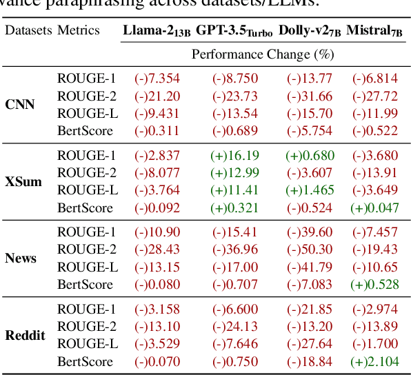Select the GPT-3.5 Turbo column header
(x=234, y=30)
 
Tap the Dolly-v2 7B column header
(x=310, y=30)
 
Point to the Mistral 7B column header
(x=375, y=30)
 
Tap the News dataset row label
(x=21, y=259)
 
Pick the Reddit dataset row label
(x=25, y=336)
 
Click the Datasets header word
(x=28, y=30)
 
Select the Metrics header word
(x=79, y=30)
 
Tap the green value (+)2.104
(x=375, y=361)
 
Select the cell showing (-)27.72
(x=375, y=96)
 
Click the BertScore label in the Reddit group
(x=85, y=361)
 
